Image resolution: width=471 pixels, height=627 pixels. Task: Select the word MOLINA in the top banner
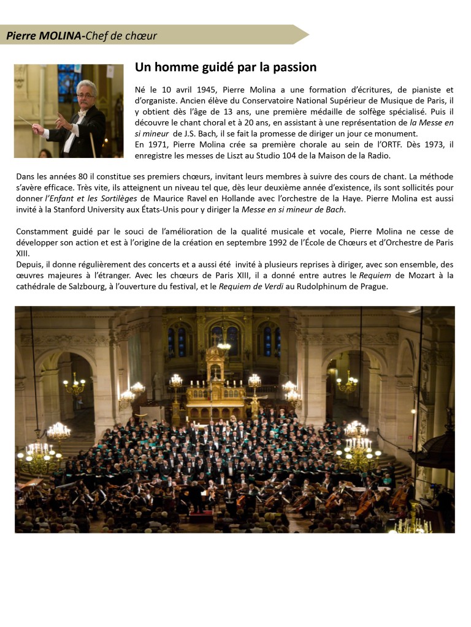(x=59, y=36)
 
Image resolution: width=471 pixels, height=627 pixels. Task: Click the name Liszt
(x=229, y=156)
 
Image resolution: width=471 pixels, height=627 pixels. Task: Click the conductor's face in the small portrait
(x=86, y=93)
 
